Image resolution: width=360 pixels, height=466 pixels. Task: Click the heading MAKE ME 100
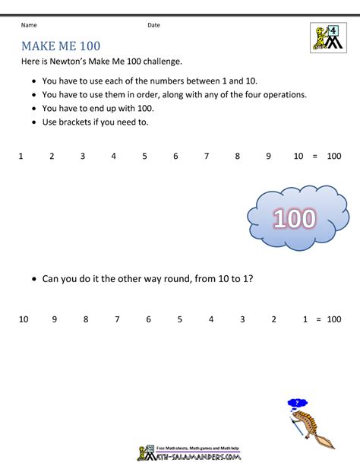click(x=61, y=46)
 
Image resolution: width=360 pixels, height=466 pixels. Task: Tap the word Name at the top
click(x=30, y=25)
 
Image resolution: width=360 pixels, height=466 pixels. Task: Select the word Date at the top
click(x=153, y=25)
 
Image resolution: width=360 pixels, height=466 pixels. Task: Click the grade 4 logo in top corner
click(x=328, y=37)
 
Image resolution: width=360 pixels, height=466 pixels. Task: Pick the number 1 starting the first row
click(x=21, y=156)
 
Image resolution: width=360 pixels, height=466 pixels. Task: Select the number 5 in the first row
click(x=144, y=156)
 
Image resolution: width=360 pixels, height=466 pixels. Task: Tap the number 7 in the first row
click(x=206, y=156)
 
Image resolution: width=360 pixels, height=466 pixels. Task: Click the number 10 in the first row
click(x=298, y=156)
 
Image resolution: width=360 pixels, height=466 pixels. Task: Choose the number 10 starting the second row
click(x=24, y=319)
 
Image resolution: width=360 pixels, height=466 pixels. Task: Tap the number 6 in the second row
click(x=148, y=319)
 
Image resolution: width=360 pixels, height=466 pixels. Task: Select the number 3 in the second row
click(x=242, y=319)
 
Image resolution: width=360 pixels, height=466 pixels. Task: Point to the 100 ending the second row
click(x=333, y=319)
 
